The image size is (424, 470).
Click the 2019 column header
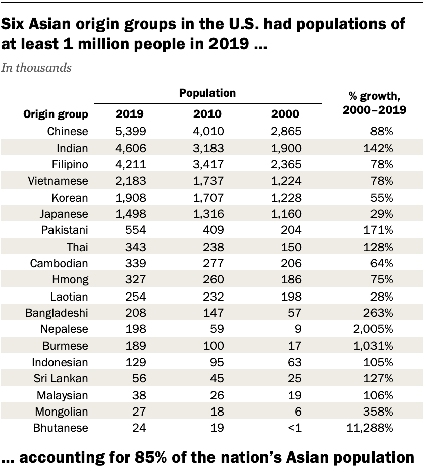coord(129,114)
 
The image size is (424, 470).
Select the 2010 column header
coord(207,114)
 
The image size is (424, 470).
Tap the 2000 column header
coord(285,114)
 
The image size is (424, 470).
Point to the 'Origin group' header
coord(56,114)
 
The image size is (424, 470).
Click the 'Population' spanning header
coord(207,93)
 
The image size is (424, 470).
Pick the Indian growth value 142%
coord(381,148)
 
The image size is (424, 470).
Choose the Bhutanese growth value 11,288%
coord(371,428)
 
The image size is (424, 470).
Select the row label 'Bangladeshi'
coord(57,313)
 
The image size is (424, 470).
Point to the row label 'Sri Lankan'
coord(60,379)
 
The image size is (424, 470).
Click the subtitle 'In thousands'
coord(36,68)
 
